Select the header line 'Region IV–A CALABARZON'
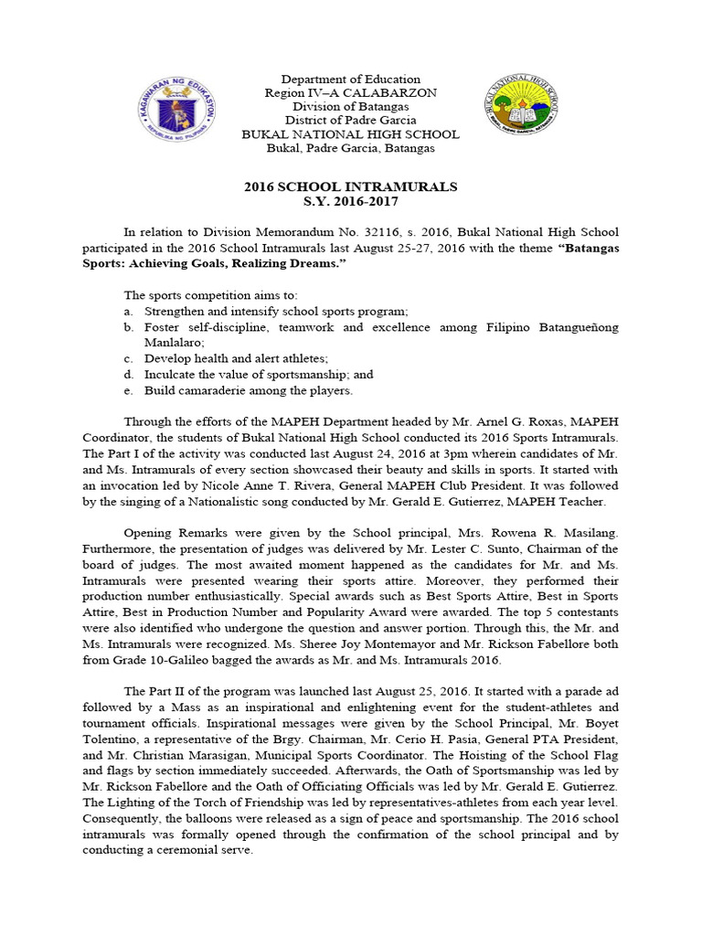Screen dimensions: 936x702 (351, 93)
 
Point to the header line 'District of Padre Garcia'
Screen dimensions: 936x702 (351, 121)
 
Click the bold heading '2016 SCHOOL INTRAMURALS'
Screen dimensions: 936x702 (350, 186)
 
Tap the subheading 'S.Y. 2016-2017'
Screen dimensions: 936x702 (351, 201)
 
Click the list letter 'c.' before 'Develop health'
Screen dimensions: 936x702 (129, 358)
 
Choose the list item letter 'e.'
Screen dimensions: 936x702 (129, 391)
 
